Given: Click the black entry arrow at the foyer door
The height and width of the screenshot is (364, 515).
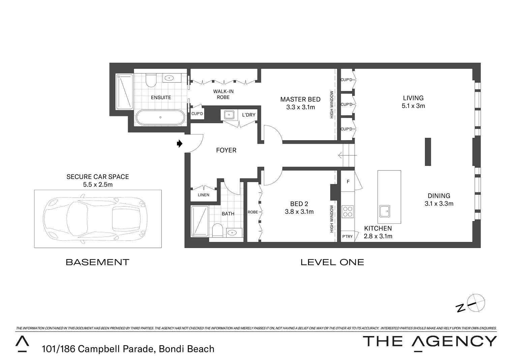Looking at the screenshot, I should [179, 144].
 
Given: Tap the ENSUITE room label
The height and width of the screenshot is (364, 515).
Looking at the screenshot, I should [161, 97].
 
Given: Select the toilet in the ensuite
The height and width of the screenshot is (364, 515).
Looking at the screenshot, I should [151, 80].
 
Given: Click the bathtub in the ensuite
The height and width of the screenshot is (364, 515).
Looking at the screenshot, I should [160, 118].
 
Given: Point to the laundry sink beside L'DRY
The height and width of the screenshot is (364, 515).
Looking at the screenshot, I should [229, 115].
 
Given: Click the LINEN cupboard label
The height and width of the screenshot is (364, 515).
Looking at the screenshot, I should [203, 195].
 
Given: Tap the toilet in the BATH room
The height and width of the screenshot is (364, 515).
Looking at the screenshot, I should [217, 231].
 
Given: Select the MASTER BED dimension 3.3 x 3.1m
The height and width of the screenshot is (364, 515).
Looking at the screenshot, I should [300, 107].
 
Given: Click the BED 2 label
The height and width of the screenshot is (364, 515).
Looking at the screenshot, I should [299, 204].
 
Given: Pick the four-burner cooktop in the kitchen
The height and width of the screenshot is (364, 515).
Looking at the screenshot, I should [347, 212].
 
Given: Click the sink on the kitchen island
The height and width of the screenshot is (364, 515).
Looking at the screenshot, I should [384, 211].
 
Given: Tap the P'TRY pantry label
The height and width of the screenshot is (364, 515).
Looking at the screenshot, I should [347, 236].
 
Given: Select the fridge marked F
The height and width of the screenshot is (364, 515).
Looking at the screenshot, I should [348, 182].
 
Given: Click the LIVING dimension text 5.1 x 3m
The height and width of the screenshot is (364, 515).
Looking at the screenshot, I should [413, 106].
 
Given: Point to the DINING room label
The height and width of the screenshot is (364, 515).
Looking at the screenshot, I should [438, 196].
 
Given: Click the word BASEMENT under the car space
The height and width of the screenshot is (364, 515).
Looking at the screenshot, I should [97, 262].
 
